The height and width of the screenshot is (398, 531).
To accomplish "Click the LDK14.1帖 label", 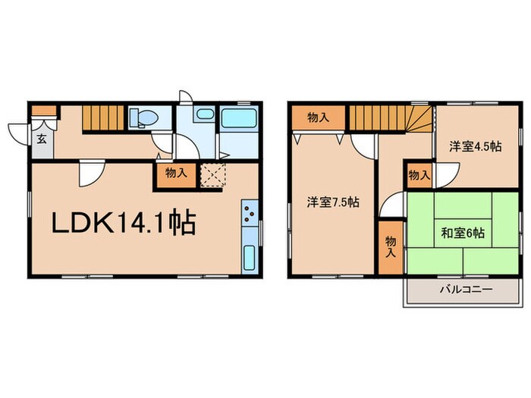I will coord(124,222).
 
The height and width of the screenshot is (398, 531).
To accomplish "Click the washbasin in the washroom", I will coord(204,116).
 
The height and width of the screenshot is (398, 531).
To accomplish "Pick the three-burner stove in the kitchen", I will coord(250,216).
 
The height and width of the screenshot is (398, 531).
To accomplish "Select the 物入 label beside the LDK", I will coord(176,173).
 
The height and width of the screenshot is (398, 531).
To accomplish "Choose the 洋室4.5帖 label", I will coord(475,147).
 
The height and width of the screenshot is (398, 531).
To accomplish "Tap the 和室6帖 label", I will coord(463,233).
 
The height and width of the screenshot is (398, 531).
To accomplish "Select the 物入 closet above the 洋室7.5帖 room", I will coord(318,118).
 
